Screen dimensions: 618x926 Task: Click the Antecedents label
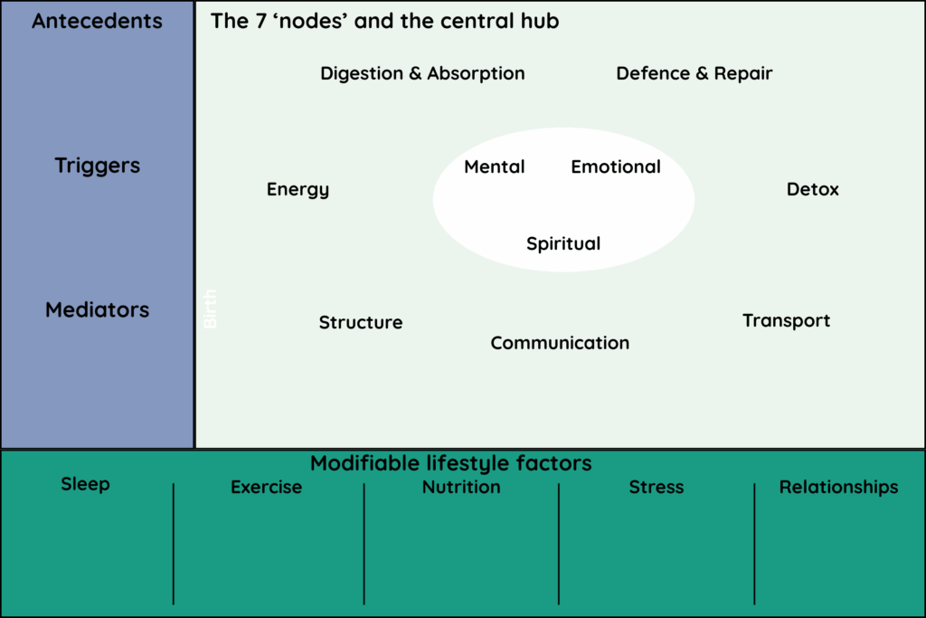[x=97, y=21]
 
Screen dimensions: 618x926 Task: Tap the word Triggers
[x=97, y=166]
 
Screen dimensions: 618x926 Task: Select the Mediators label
[x=97, y=309]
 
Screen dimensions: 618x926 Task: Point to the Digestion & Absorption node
[x=422, y=73]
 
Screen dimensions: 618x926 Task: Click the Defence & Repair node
[x=694, y=73]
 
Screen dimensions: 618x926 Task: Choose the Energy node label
[x=298, y=189]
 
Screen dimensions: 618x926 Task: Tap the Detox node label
[x=813, y=189]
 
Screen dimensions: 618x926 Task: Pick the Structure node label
[x=361, y=322]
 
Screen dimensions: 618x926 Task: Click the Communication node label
[x=560, y=343]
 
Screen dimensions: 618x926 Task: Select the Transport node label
[x=786, y=320]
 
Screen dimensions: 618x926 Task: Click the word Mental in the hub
[x=495, y=166]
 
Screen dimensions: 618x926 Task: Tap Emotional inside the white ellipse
[x=616, y=166]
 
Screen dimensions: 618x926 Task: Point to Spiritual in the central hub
[x=563, y=243]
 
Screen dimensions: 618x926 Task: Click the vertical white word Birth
[x=211, y=309]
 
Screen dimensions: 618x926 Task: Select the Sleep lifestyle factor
[x=85, y=484]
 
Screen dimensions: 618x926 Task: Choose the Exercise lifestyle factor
[x=266, y=487]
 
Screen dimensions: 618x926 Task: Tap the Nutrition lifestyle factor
[x=461, y=487]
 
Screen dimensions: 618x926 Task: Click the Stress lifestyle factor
[x=657, y=487]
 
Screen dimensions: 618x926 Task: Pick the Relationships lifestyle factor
[x=839, y=487]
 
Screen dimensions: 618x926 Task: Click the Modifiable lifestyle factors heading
[x=450, y=463]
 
